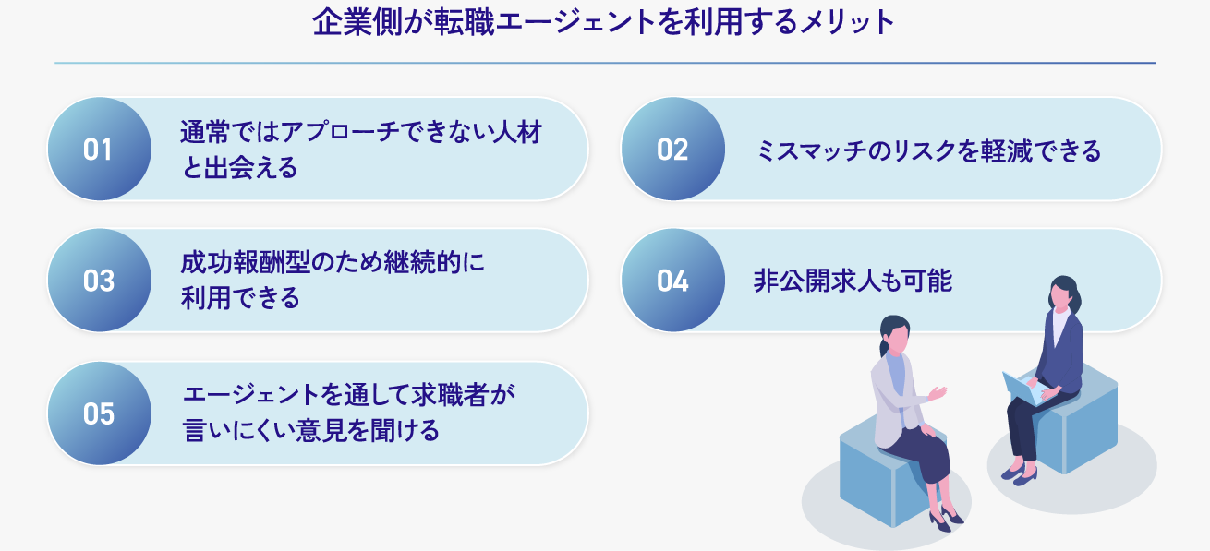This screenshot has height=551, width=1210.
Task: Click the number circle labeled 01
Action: coord(100,149)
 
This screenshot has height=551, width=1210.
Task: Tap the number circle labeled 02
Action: coord(673,149)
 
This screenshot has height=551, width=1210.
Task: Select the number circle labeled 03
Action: coord(100,280)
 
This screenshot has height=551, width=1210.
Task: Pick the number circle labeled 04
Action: coord(673,280)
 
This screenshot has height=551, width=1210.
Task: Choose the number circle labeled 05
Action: coord(100,413)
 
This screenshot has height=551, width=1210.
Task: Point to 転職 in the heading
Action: coord(464,23)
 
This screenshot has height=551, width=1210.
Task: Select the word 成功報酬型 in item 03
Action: coord(246,263)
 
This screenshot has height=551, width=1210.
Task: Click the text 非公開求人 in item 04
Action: coord(817,281)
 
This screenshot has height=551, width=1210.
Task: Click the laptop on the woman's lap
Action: coord(1023,389)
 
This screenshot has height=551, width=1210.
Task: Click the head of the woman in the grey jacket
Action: coord(894,335)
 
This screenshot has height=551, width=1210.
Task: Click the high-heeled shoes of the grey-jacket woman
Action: coord(945,517)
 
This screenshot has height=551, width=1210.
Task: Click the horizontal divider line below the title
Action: coord(605,63)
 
